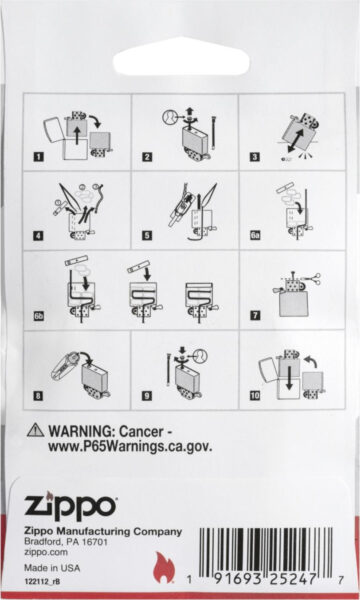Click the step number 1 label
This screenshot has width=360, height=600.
pyautogui.click(x=39, y=157)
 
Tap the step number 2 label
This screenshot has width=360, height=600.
pyautogui.click(x=147, y=157)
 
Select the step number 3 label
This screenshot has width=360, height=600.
pyautogui.click(x=255, y=157)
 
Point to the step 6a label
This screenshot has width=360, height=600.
pyautogui.click(x=256, y=235)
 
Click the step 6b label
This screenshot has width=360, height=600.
pyautogui.click(x=39, y=316)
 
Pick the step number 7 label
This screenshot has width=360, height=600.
pyautogui.click(x=255, y=315)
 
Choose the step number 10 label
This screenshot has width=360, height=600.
pyautogui.click(x=255, y=395)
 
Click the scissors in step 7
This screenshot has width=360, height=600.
pyautogui.click(x=312, y=280)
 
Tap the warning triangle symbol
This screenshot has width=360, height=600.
pyautogui.click(x=36, y=430)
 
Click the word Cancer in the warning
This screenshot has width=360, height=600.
pyautogui.click(x=141, y=432)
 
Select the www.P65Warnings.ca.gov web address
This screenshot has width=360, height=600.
pyautogui.click(x=130, y=447)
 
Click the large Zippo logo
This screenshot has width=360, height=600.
pyautogui.click(x=70, y=506)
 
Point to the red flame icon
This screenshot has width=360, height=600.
pyautogui.click(x=164, y=567)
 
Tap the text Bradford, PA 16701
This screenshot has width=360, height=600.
pyautogui.click(x=66, y=542)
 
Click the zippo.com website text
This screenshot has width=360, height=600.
pyautogui.click(x=46, y=552)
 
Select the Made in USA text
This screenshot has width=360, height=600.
pyautogui.click(x=52, y=568)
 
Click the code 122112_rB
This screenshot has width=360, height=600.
pyautogui.click(x=42, y=581)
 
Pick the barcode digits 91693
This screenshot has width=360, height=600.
pyautogui.click(x=237, y=579)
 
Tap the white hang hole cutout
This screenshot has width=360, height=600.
pyautogui.click(x=181, y=57)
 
